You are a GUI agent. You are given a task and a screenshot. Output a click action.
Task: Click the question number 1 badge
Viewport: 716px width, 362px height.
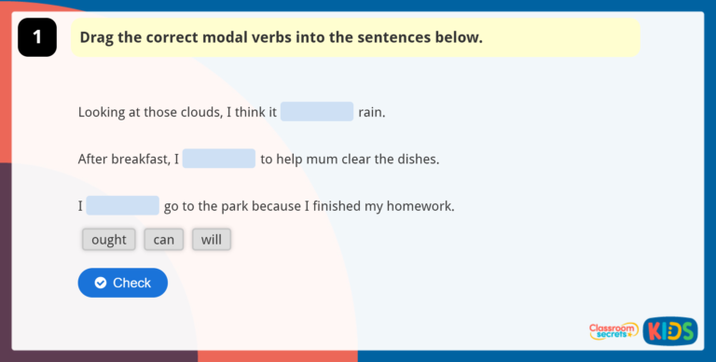tap(37, 38)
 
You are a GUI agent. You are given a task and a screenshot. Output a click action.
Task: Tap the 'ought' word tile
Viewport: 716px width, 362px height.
tap(109, 240)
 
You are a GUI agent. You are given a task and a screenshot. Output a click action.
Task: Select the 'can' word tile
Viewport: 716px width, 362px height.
tap(164, 240)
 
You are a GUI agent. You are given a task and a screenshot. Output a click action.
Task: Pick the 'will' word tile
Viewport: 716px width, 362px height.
tap(212, 240)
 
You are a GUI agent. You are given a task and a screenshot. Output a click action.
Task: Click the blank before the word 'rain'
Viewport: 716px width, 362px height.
tap(317, 112)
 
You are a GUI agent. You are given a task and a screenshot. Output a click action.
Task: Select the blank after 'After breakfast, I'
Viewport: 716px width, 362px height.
tap(219, 159)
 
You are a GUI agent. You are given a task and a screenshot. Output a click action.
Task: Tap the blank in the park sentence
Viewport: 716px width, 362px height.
tap(123, 205)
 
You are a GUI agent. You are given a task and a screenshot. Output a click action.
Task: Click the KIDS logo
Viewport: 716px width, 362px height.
tap(670, 331)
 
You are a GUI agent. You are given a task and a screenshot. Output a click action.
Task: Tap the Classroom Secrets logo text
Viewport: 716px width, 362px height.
tap(613, 330)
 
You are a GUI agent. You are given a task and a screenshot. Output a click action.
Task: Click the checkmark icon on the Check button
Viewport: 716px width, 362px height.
tap(101, 283)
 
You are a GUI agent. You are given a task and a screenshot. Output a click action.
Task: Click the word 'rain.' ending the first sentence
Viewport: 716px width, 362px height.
tap(371, 112)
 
